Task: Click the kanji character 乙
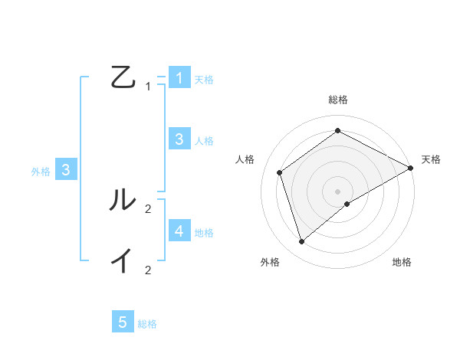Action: tap(122, 77)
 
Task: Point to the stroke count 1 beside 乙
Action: tap(148, 87)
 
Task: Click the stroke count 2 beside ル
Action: tap(148, 208)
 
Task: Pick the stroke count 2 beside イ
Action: tap(148, 270)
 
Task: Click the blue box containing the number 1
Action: tap(179, 78)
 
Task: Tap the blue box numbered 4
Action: tap(179, 231)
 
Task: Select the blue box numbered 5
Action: tap(123, 322)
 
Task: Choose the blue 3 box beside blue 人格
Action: tap(179, 139)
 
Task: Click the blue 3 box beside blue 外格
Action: tap(67, 170)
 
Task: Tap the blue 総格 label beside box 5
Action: tap(147, 324)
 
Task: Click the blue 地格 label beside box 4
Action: tap(204, 232)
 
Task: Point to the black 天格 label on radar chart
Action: tap(431, 159)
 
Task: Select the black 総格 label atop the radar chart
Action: tap(338, 100)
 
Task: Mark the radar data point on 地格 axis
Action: tap(347, 203)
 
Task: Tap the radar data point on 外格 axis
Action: tap(302, 242)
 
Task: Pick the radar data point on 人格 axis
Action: tap(280, 172)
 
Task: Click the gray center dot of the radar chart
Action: tap(338, 191)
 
